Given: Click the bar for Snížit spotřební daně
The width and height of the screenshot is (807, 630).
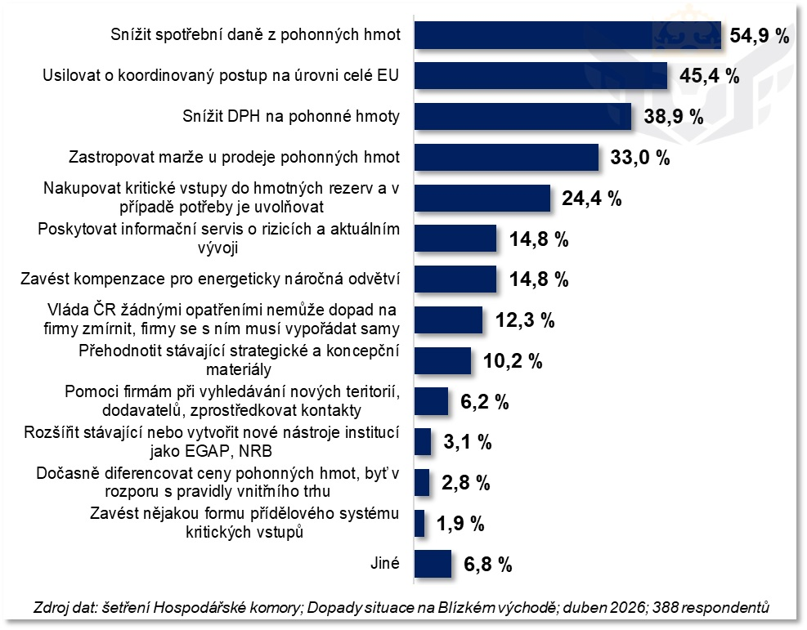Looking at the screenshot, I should click(567, 35).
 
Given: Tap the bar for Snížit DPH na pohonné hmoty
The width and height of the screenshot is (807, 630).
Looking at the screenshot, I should click(523, 116).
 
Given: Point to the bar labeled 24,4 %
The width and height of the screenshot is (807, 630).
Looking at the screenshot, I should click(482, 198).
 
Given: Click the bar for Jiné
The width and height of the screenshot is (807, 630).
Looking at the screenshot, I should click(433, 564).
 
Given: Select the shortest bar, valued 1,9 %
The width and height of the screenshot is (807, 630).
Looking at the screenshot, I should click(419, 523).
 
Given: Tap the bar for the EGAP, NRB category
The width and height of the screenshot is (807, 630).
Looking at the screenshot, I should click(423, 442).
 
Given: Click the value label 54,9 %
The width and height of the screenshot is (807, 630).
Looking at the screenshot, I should click(760, 36).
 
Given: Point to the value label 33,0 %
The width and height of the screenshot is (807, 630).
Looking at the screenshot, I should click(640, 158).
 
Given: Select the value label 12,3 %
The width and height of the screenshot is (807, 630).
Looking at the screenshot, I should click(525, 320).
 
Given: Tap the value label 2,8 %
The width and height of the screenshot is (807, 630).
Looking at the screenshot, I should click(465, 483).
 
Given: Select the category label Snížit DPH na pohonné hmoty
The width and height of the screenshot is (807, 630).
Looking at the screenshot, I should click(291, 117).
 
